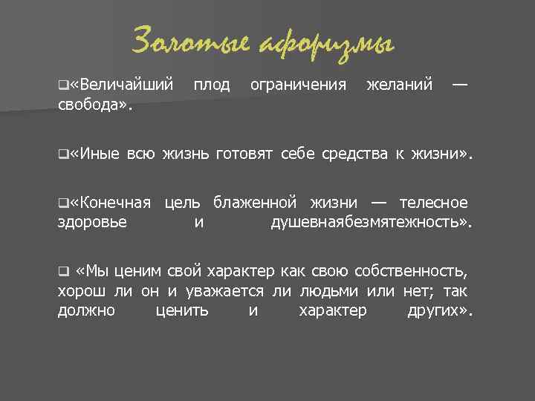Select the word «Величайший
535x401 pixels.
(122, 85)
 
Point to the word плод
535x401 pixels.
(212, 85)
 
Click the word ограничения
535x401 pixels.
(298, 85)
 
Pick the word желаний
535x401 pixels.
(400, 85)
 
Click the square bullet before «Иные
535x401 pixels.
(62, 154)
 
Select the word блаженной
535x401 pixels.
(256, 203)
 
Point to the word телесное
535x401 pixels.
(433, 203)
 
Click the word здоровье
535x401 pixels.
(92, 221)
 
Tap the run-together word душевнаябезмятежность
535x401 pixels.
(369, 221)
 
